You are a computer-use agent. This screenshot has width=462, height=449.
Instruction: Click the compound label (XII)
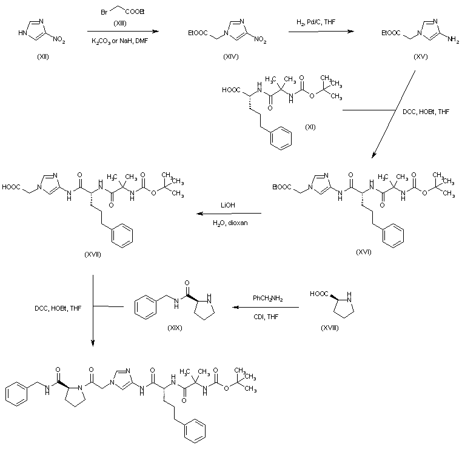click(x=43, y=56)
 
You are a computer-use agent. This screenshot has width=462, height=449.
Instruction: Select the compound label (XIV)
click(x=231, y=56)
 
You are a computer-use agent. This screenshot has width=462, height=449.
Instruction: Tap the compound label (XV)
click(x=420, y=56)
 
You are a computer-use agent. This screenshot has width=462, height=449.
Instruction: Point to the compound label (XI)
click(x=310, y=127)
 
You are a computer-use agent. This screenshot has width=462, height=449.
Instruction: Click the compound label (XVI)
click(x=364, y=252)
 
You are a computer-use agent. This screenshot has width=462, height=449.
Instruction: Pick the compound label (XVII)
click(x=93, y=254)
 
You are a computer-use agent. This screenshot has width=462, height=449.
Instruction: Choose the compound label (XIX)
click(x=175, y=328)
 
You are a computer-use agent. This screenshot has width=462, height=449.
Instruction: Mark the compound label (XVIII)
click(x=330, y=328)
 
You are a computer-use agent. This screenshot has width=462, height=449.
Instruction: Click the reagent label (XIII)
click(x=120, y=23)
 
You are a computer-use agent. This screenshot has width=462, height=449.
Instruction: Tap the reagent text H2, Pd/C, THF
click(x=316, y=22)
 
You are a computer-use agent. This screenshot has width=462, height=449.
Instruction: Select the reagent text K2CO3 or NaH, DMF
click(x=119, y=41)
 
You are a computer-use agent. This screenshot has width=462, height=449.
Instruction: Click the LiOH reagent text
click(x=228, y=205)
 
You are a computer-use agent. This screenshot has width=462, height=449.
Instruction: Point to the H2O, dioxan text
click(x=230, y=223)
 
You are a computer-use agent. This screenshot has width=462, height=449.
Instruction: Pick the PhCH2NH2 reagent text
click(x=268, y=299)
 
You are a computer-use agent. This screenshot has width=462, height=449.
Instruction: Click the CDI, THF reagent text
click(x=266, y=317)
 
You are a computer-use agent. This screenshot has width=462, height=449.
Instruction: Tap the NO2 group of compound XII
click(x=59, y=39)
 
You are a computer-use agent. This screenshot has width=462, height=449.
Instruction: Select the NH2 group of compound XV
click(x=453, y=39)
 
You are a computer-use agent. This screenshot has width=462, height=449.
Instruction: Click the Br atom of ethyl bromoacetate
click(x=104, y=12)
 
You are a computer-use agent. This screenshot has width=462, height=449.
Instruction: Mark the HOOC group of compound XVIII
click(x=319, y=294)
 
